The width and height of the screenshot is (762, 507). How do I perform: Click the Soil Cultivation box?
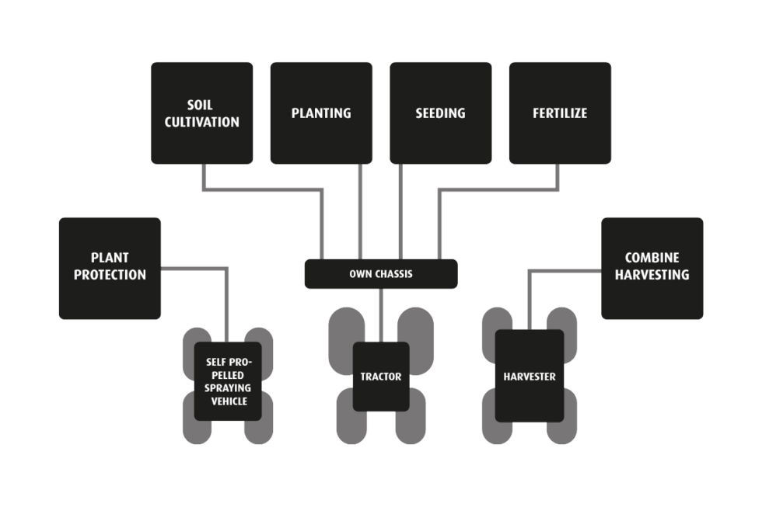point(201,113)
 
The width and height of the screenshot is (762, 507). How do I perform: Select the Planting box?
point(321,113)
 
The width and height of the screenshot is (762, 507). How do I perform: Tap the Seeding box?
point(440,113)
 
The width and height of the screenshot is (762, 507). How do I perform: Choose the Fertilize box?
point(560,113)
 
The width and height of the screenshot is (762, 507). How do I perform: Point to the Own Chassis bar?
point(380,274)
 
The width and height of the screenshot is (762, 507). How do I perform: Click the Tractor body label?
point(381,377)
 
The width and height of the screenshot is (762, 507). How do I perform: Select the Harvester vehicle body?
point(530,376)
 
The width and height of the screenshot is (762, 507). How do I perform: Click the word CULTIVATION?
point(201,122)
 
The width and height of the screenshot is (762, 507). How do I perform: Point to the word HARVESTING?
point(657,275)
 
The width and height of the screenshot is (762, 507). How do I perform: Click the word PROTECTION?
point(110,275)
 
